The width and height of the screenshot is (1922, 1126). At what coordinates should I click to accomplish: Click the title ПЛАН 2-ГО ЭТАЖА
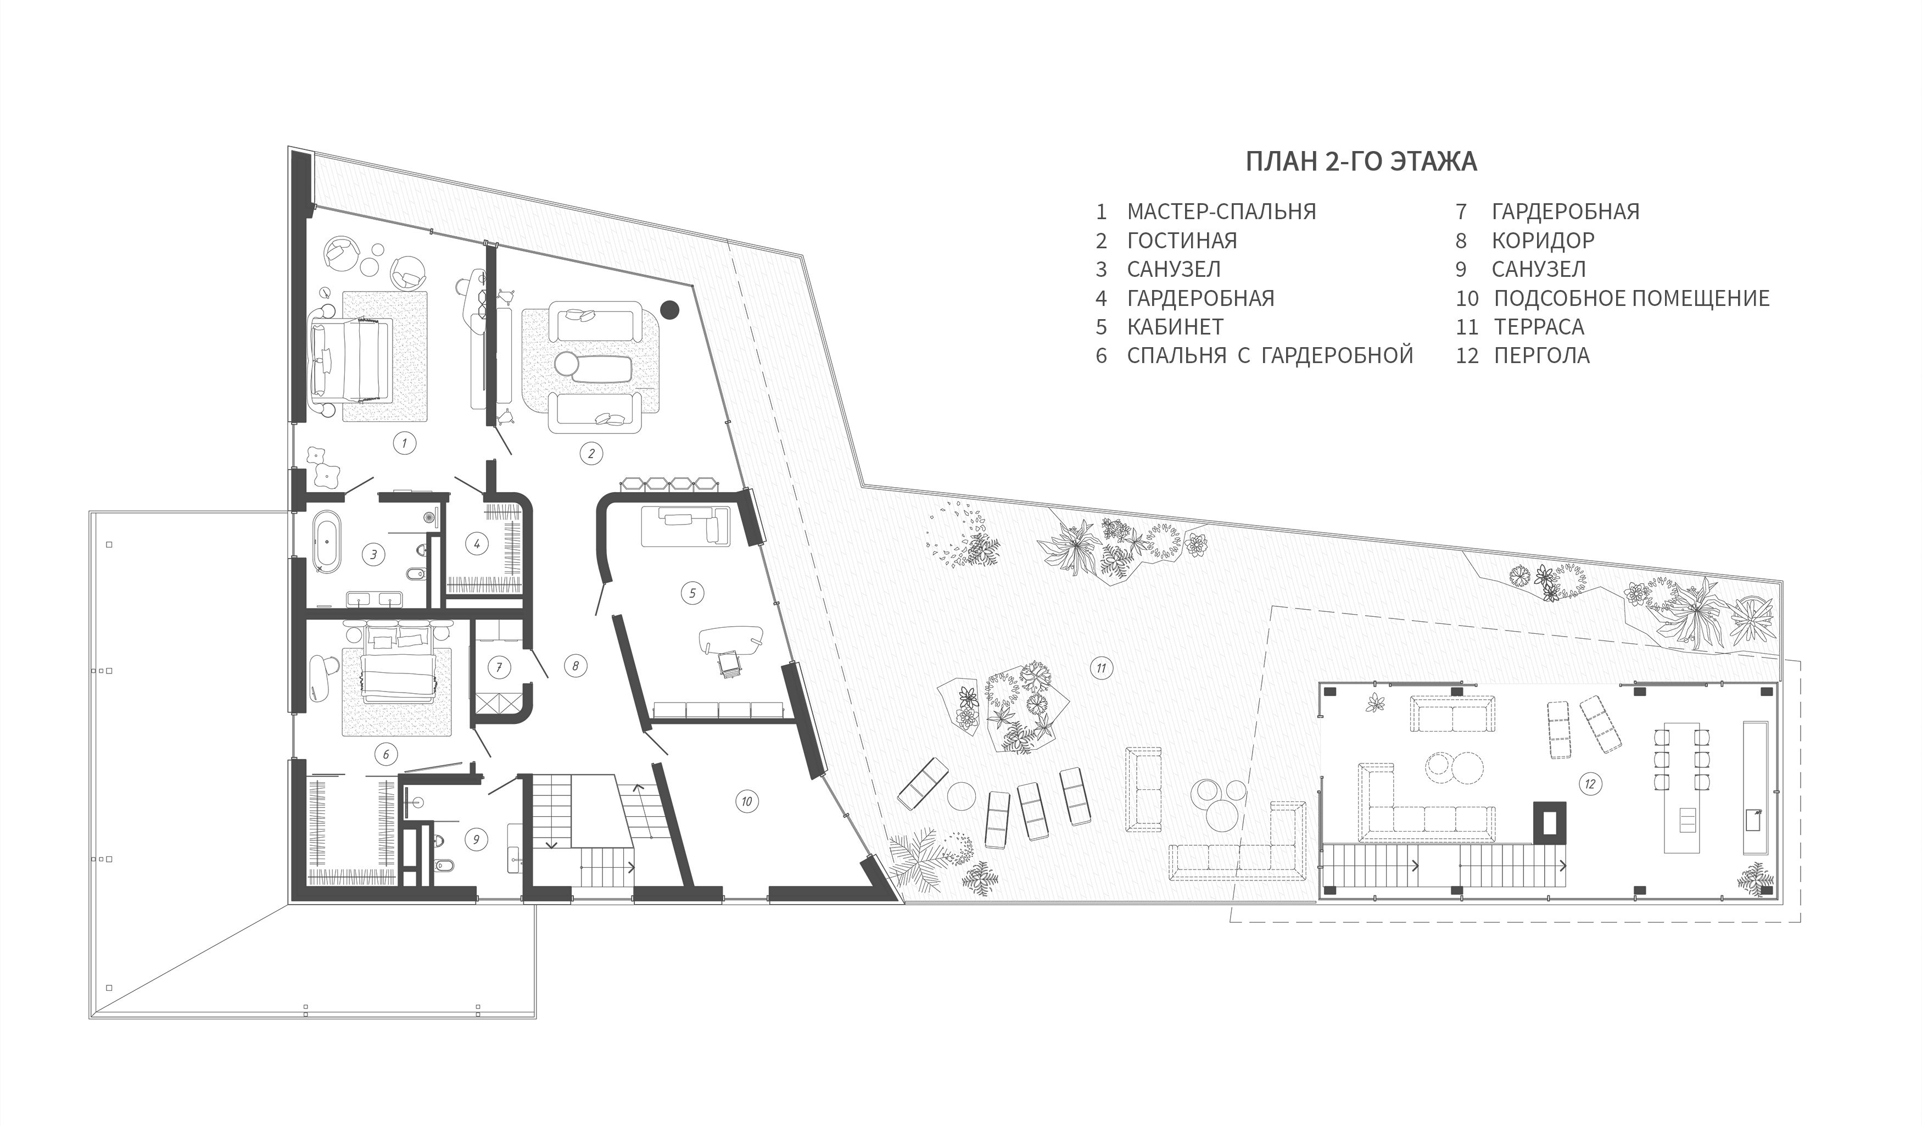coord(1361,161)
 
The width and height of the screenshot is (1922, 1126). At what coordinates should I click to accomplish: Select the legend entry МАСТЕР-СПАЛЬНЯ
coord(1221,211)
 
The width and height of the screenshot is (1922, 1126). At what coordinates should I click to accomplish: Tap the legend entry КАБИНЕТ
coord(1175,326)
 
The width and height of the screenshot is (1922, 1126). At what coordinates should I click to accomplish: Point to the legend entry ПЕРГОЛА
coord(1541,355)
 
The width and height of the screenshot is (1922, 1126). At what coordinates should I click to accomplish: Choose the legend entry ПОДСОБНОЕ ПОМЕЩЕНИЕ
coord(1632,298)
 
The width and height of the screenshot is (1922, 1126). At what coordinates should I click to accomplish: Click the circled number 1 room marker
coord(404,443)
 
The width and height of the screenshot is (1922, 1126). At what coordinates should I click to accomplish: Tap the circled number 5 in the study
coord(692,593)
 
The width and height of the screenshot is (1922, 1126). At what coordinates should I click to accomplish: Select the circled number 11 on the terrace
coord(1102,669)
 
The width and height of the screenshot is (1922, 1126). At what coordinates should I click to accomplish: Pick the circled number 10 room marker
coord(747,801)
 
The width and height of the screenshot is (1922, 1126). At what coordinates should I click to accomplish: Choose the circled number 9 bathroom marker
coord(476,840)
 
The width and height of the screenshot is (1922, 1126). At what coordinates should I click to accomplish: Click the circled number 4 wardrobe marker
coord(477,544)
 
